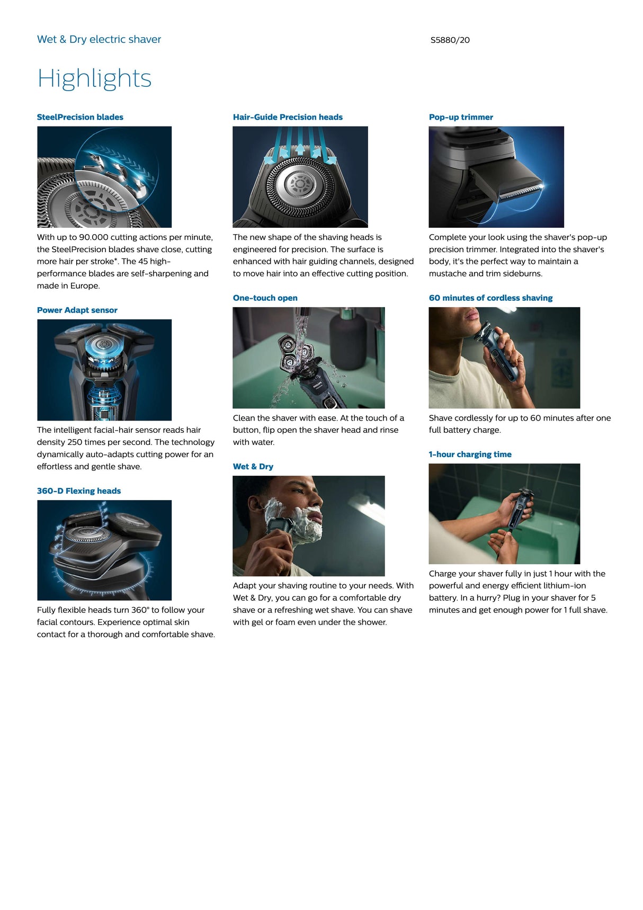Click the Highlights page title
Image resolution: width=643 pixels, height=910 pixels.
pos(94,79)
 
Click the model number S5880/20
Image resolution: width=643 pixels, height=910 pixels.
pos(450,40)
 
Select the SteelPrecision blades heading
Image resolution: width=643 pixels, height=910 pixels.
pos(80,117)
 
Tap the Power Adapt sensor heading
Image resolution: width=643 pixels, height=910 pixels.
pos(77,310)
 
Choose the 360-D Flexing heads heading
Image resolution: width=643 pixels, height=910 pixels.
pos(79,491)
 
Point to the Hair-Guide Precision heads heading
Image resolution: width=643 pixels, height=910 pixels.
pos(288,117)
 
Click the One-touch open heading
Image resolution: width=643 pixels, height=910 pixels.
pos(265,298)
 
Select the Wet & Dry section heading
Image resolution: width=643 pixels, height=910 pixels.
pos(253,467)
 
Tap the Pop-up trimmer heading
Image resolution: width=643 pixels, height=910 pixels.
pos(461,117)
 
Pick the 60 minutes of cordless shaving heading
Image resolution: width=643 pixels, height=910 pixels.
pos(490,298)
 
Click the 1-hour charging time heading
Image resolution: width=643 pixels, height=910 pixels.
pos(470,454)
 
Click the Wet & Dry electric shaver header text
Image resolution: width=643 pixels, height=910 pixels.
pos(99,40)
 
